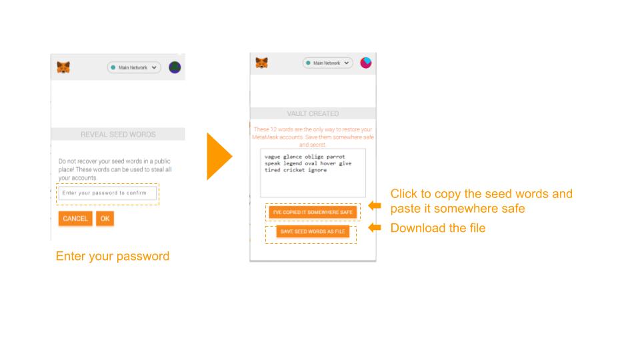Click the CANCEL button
[75, 219]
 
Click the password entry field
[107, 193]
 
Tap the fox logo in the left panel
[63, 67]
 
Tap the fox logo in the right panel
[261, 63]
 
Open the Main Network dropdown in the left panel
[134, 67]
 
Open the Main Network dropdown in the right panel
[328, 63]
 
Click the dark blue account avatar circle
[175, 67]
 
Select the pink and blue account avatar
[366, 63]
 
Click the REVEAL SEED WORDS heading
[118, 134]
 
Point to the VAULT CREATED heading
[313, 113]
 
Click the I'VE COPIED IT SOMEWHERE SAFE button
[313, 212]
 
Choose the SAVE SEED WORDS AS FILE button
[313, 231]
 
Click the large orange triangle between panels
[219, 156]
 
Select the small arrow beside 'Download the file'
[375, 227]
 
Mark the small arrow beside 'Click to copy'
[375, 206]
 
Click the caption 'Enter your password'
[113, 256]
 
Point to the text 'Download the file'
[438, 228]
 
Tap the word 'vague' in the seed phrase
[272, 157]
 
